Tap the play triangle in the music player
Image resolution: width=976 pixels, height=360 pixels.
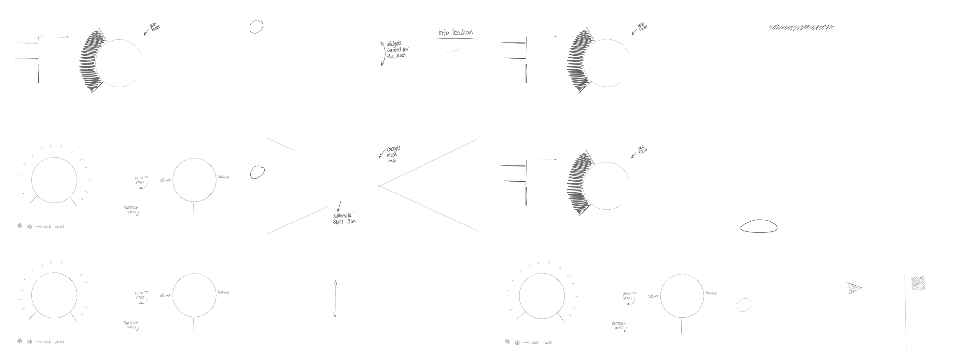pos(854,289)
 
